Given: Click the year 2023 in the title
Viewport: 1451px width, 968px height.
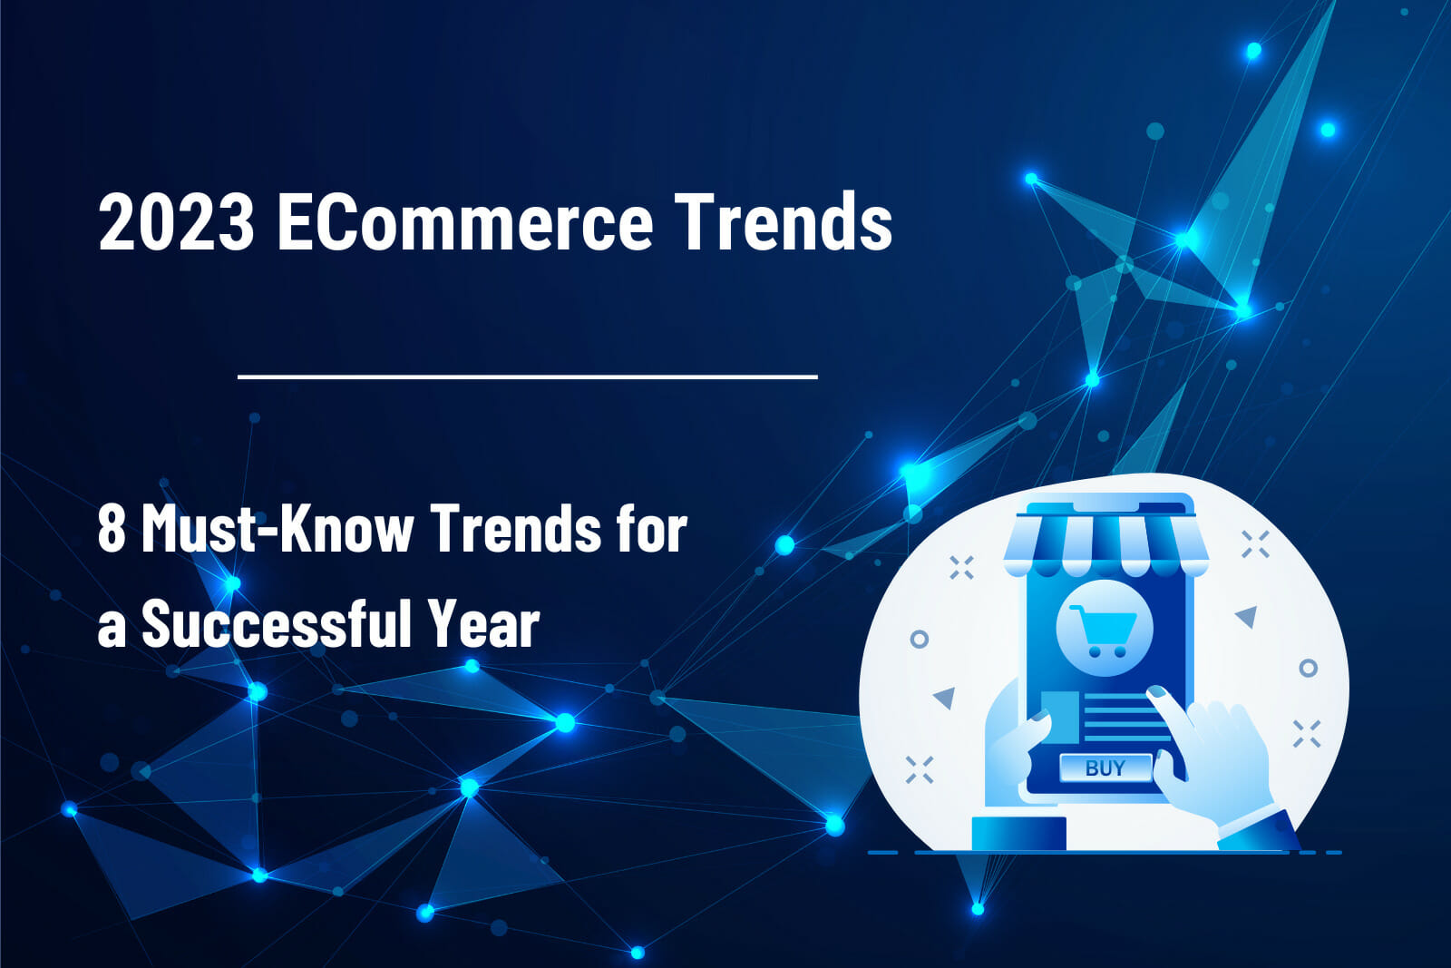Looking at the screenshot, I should [176, 221].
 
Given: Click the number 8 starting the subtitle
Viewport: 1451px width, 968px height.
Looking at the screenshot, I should [111, 528].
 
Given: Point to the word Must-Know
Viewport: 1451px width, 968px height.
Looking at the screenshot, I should [278, 528].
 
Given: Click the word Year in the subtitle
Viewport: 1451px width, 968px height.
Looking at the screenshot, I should [484, 624].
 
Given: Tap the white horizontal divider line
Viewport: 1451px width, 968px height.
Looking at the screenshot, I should [527, 376].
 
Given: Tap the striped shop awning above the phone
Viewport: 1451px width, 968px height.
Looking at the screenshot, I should [1105, 544].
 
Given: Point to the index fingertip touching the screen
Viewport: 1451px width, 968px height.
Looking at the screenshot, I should [1155, 694].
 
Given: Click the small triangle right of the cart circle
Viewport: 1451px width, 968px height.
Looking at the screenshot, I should [1247, 617].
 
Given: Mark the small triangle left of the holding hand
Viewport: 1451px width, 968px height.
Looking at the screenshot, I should [945, 698].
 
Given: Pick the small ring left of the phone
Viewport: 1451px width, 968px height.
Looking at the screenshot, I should [919, 639].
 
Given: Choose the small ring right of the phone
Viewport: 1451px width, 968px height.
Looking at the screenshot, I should [1308, 669].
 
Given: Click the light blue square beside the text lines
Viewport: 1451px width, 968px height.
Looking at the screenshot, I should [1060, 712].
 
